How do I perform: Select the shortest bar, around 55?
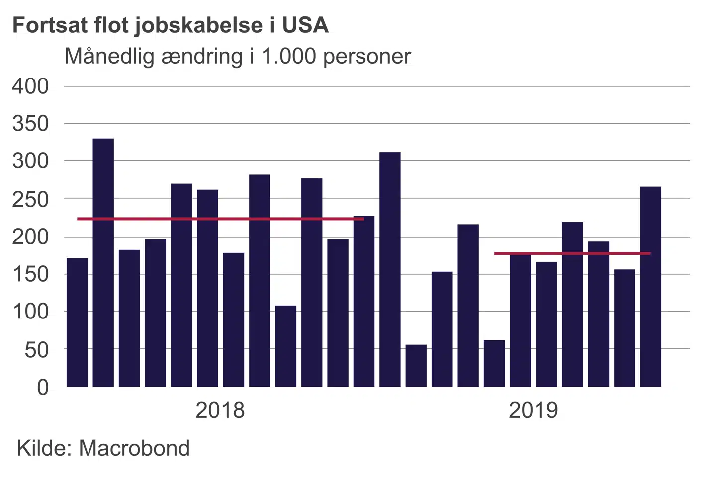pos(416,366)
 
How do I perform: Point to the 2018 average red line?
pos(220,219)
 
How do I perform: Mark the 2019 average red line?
pos(572,253)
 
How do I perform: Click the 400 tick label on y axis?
pos(30,86)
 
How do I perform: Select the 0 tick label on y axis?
pos(43,387)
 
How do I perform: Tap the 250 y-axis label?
pos(30,199)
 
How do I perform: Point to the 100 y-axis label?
pos(30,312)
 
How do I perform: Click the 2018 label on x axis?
pos(220,410)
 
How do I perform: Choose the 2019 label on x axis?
pos(533,410)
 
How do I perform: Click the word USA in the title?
pos(305,25)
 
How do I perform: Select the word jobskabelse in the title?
pos(198,25)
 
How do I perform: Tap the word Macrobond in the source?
pos(134,448)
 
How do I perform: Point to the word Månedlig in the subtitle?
pos(110,57)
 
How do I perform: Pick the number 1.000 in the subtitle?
pos(289,57)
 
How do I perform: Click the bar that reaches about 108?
pos(286,346)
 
